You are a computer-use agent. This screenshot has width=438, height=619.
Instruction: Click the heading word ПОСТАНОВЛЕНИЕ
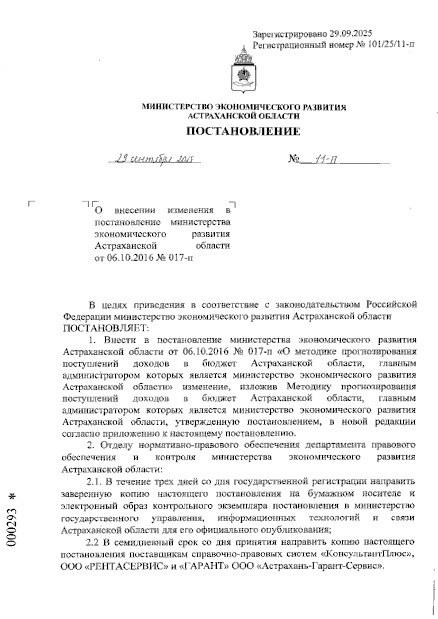click(x=243, y=131)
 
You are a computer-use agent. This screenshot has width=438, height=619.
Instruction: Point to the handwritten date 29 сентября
click(x=153, y=159)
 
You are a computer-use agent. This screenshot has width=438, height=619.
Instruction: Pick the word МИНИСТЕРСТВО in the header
click(x=176, y=107)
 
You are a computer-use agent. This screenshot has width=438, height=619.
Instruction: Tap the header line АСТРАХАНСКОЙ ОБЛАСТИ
click(x=243, y=116)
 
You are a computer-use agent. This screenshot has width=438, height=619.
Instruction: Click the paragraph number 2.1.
click(x=96, y=482)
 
